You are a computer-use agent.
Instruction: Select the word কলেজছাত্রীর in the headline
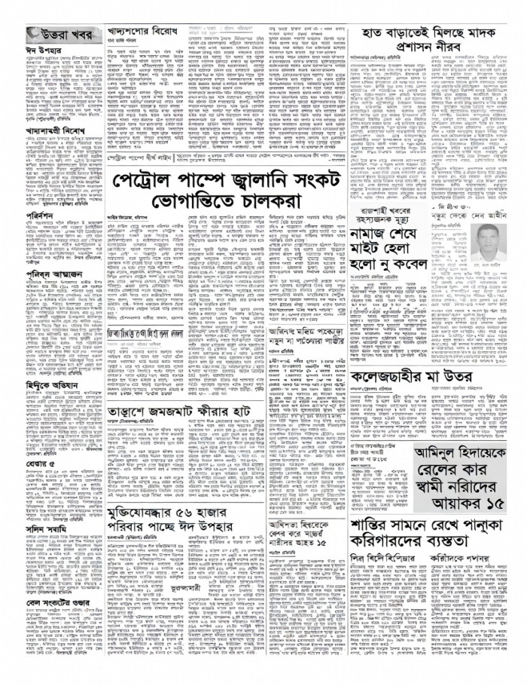pyautogui.click(x=397, y=375)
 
